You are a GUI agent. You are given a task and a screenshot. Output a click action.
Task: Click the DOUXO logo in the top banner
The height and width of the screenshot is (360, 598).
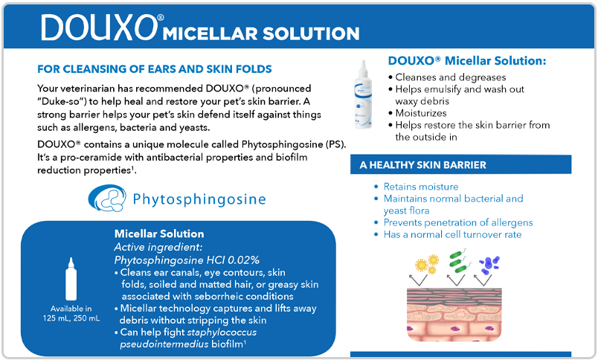click(100, 27)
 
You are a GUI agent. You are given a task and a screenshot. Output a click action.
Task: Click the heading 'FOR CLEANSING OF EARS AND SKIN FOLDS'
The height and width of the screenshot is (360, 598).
click(155, 69)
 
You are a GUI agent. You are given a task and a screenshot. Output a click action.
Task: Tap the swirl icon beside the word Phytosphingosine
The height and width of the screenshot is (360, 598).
click(107, 198)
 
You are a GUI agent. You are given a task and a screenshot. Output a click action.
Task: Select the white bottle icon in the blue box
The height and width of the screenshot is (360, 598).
click(71, 279)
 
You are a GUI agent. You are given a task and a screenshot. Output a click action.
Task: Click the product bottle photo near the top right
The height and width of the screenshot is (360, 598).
click(363, 94)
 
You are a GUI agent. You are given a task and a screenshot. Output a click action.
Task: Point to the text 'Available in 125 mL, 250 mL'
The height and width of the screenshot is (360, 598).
click(71, 313)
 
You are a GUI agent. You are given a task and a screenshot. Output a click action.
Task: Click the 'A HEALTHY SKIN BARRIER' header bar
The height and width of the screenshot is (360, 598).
click(460, 164)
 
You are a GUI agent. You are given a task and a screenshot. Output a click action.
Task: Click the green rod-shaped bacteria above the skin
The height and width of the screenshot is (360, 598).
click(460, 260)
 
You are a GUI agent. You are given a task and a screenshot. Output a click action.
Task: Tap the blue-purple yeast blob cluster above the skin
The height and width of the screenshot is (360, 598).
click(489, 265)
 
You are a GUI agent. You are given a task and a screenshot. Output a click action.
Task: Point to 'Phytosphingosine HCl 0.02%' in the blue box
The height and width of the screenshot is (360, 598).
click(187, 260)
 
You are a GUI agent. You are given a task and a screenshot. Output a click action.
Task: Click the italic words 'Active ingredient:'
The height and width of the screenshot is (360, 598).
click(158, 247)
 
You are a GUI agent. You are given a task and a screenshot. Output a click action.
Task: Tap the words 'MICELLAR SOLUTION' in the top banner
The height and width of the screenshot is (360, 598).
click(261, 33)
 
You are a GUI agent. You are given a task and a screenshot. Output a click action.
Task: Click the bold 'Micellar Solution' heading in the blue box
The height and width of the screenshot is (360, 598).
click(159, 234)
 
